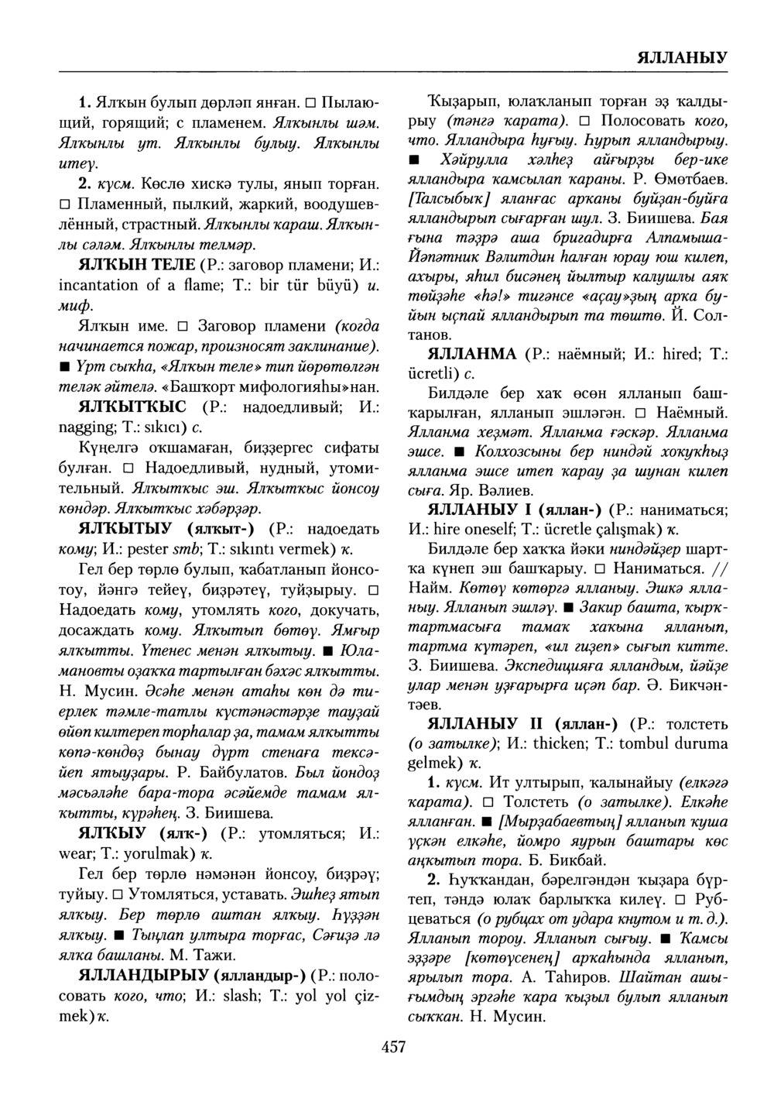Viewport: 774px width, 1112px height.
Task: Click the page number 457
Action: click(x=394, y=1047)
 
